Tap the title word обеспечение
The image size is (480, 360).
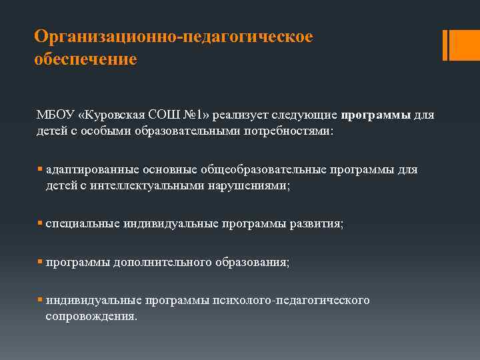(86, 59)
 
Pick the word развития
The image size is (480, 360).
(317, 224)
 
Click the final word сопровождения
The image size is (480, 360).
(91, 316)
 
